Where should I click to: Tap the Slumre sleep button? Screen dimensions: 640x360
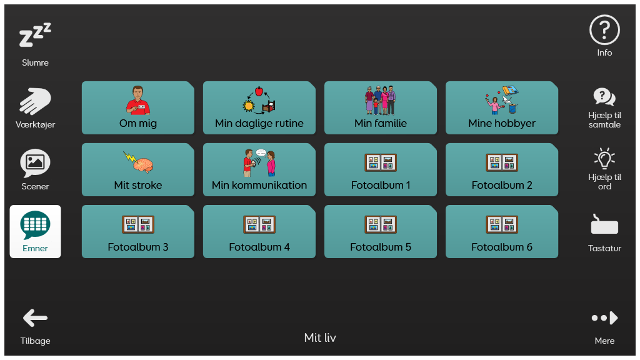[35, 44]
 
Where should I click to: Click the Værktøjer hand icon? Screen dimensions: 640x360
[35, 101]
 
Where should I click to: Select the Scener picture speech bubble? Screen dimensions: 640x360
[35, 163]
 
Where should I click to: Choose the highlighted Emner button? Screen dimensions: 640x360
[35, 231]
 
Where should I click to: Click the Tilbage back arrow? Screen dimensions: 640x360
[35, 318]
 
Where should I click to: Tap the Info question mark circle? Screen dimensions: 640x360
[604, 30]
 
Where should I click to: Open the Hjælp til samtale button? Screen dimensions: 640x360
[604, 107]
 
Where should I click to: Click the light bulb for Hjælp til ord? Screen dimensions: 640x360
[604, 159]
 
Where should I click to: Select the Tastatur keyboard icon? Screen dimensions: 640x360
[604, 224]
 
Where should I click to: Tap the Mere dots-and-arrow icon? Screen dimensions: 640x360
[604, 318]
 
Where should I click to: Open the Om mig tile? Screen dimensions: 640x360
[138, 107]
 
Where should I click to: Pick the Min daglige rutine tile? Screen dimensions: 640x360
[259, 107]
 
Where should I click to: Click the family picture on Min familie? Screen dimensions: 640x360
[381, 101]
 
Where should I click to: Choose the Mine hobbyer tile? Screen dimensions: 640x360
[502, 107]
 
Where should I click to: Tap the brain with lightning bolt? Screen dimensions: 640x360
[138, 162]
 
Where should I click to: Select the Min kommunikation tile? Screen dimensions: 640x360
[259, 170]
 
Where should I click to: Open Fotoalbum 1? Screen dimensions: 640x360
[381, 170]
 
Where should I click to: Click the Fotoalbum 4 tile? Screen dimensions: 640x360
[259, 231]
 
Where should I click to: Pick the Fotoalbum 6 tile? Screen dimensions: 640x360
[502, 231]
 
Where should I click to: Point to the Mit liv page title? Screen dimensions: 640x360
[320, 337]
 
